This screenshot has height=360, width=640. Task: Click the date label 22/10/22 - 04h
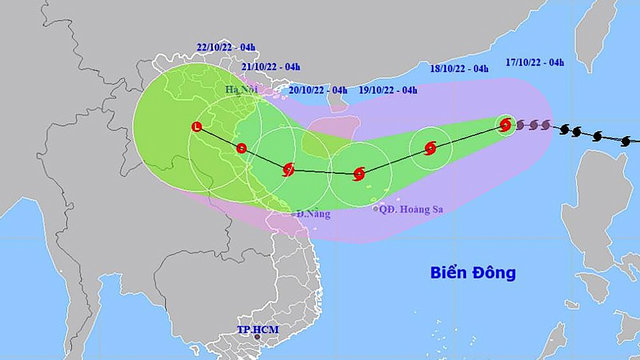coord(226,47)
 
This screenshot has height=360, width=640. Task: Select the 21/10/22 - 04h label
coord(271,67)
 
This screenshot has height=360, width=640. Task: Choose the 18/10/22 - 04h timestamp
coord(459,68)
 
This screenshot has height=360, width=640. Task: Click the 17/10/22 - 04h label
coord(535,63)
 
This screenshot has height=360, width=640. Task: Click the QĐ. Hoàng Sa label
coord(411,209)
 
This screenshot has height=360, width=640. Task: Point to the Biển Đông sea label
coord(473,273)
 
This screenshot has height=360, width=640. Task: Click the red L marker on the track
coord(196,126)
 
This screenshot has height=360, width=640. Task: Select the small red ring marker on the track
coord(241,148)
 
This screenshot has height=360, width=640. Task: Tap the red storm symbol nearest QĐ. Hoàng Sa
coord(359,175)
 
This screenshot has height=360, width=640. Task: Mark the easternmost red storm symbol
coord(505,124)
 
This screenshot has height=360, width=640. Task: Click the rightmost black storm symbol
coord(625,141)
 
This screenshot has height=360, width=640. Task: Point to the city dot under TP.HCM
coord(258,337)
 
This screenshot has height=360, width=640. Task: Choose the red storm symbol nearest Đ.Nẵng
coord(288,169)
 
